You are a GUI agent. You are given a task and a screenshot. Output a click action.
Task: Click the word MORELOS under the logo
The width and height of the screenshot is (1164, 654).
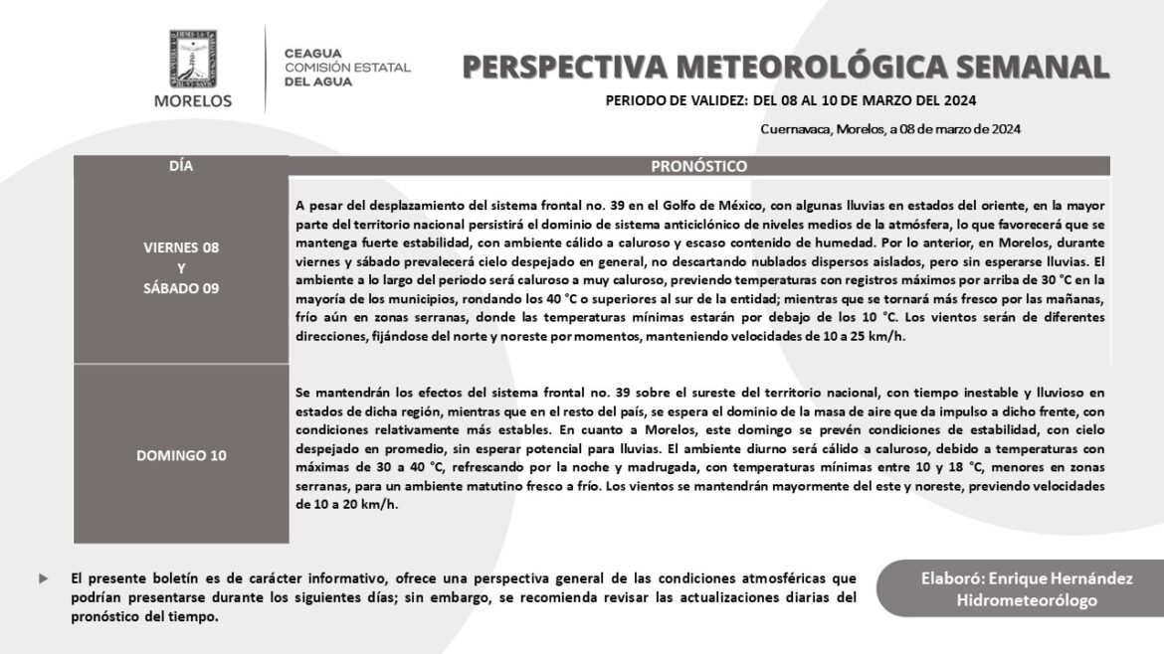(x=193, y=100)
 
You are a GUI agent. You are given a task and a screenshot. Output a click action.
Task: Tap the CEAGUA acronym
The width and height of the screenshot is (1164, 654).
(x=313, y=53)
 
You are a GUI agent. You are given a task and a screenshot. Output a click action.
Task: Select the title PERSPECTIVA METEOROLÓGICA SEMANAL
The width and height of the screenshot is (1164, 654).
(x=786, y=67)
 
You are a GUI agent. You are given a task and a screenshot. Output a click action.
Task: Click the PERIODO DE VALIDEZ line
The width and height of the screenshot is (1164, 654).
(x=790, y=100)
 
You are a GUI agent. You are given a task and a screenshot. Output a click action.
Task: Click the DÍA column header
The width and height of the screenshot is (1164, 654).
(x=181, y=166)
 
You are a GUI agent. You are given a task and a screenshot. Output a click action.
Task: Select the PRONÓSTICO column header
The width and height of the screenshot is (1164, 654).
(x=698, y=166)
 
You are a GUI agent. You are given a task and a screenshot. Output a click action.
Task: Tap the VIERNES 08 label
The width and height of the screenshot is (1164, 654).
(x=181, y=246)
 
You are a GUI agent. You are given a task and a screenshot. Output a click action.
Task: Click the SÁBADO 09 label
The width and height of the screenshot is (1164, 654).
(x=181, y=288)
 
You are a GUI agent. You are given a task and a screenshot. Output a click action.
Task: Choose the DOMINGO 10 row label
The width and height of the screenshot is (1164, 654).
(x=181, y=455)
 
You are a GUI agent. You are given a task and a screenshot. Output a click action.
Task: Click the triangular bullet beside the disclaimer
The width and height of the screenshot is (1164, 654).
(x=42, y=577)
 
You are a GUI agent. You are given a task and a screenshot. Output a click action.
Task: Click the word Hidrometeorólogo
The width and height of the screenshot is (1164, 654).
(x=1027, y=600)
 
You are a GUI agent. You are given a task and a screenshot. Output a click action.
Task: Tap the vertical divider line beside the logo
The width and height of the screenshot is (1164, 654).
(x=266, y=68)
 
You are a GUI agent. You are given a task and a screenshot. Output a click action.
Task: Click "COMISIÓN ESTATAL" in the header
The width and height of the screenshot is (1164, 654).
(x=347, y=68)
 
